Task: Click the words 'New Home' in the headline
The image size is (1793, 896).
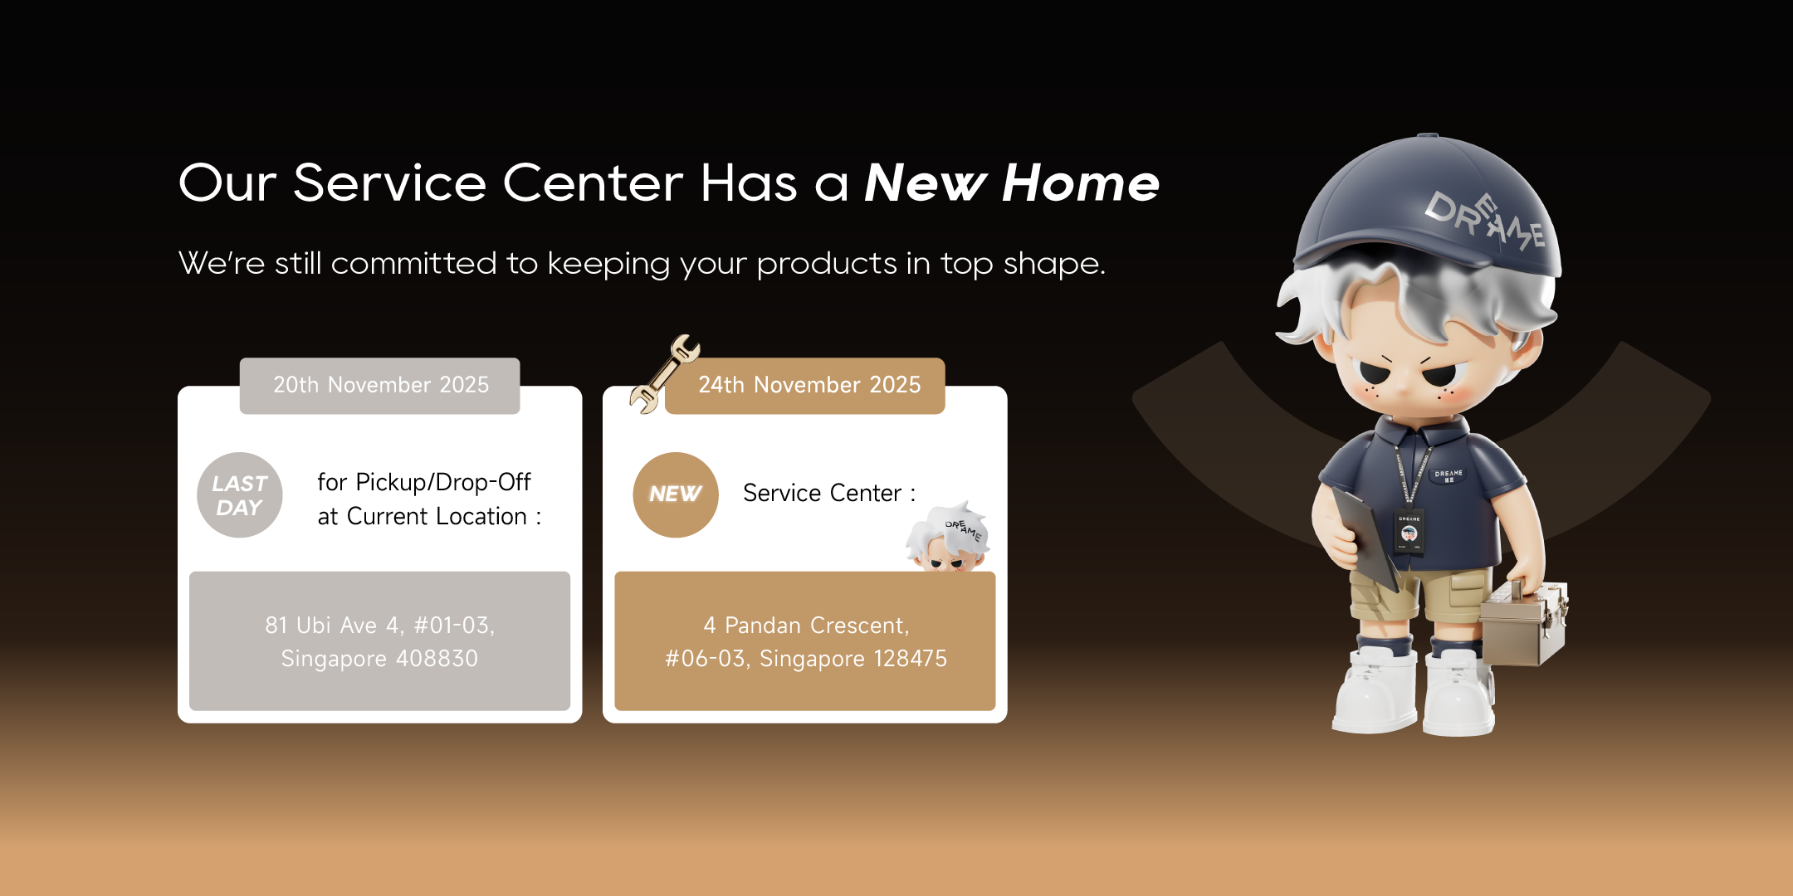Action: (x=1012, y=183)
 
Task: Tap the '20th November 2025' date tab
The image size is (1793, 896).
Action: (x=380, y=386)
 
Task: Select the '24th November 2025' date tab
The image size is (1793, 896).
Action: (x=805, y=386)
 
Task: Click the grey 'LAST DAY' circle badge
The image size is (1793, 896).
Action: (x=240, y=495)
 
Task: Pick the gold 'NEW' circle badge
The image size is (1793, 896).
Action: (x=676, y=495)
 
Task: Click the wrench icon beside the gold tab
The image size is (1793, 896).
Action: (x=664, y=374)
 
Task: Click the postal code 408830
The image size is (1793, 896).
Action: (x=437, y=659)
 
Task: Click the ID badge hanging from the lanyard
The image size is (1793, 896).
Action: (x=1409, y=532)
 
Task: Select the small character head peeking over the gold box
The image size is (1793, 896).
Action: (x=948, y=537)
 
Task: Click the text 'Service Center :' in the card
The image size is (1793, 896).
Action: (x=829, y=494)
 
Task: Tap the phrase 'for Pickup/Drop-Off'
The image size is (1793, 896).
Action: (x=424, y=483)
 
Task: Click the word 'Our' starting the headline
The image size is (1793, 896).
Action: (x=227, y=183)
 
